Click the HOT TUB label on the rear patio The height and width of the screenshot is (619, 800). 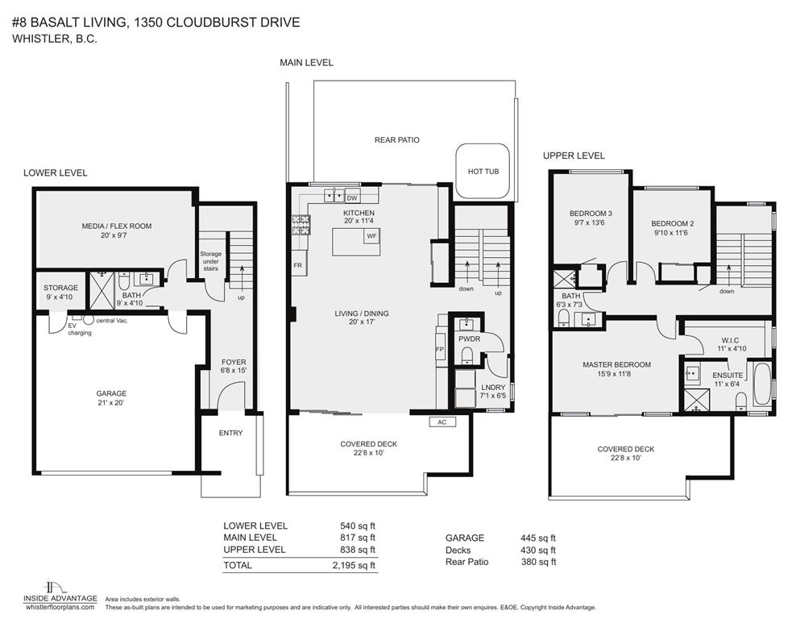click(483, 172)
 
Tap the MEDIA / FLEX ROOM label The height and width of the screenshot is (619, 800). click(116, 226)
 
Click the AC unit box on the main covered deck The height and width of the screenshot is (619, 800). click(441, 422)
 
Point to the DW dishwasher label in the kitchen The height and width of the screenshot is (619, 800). click(352, 197)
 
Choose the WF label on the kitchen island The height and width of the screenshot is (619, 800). click(371, 236)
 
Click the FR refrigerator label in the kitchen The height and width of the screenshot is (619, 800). click(297, 264)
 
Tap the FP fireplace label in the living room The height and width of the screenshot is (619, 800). click(439, 349)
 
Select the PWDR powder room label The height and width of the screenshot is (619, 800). click(469, 339)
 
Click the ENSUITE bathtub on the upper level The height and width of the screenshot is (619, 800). click(761, 385)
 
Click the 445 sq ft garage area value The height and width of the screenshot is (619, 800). click(538, 538)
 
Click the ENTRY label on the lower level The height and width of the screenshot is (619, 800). click(230, 433)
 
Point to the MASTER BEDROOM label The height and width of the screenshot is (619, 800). click(616, 364)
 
